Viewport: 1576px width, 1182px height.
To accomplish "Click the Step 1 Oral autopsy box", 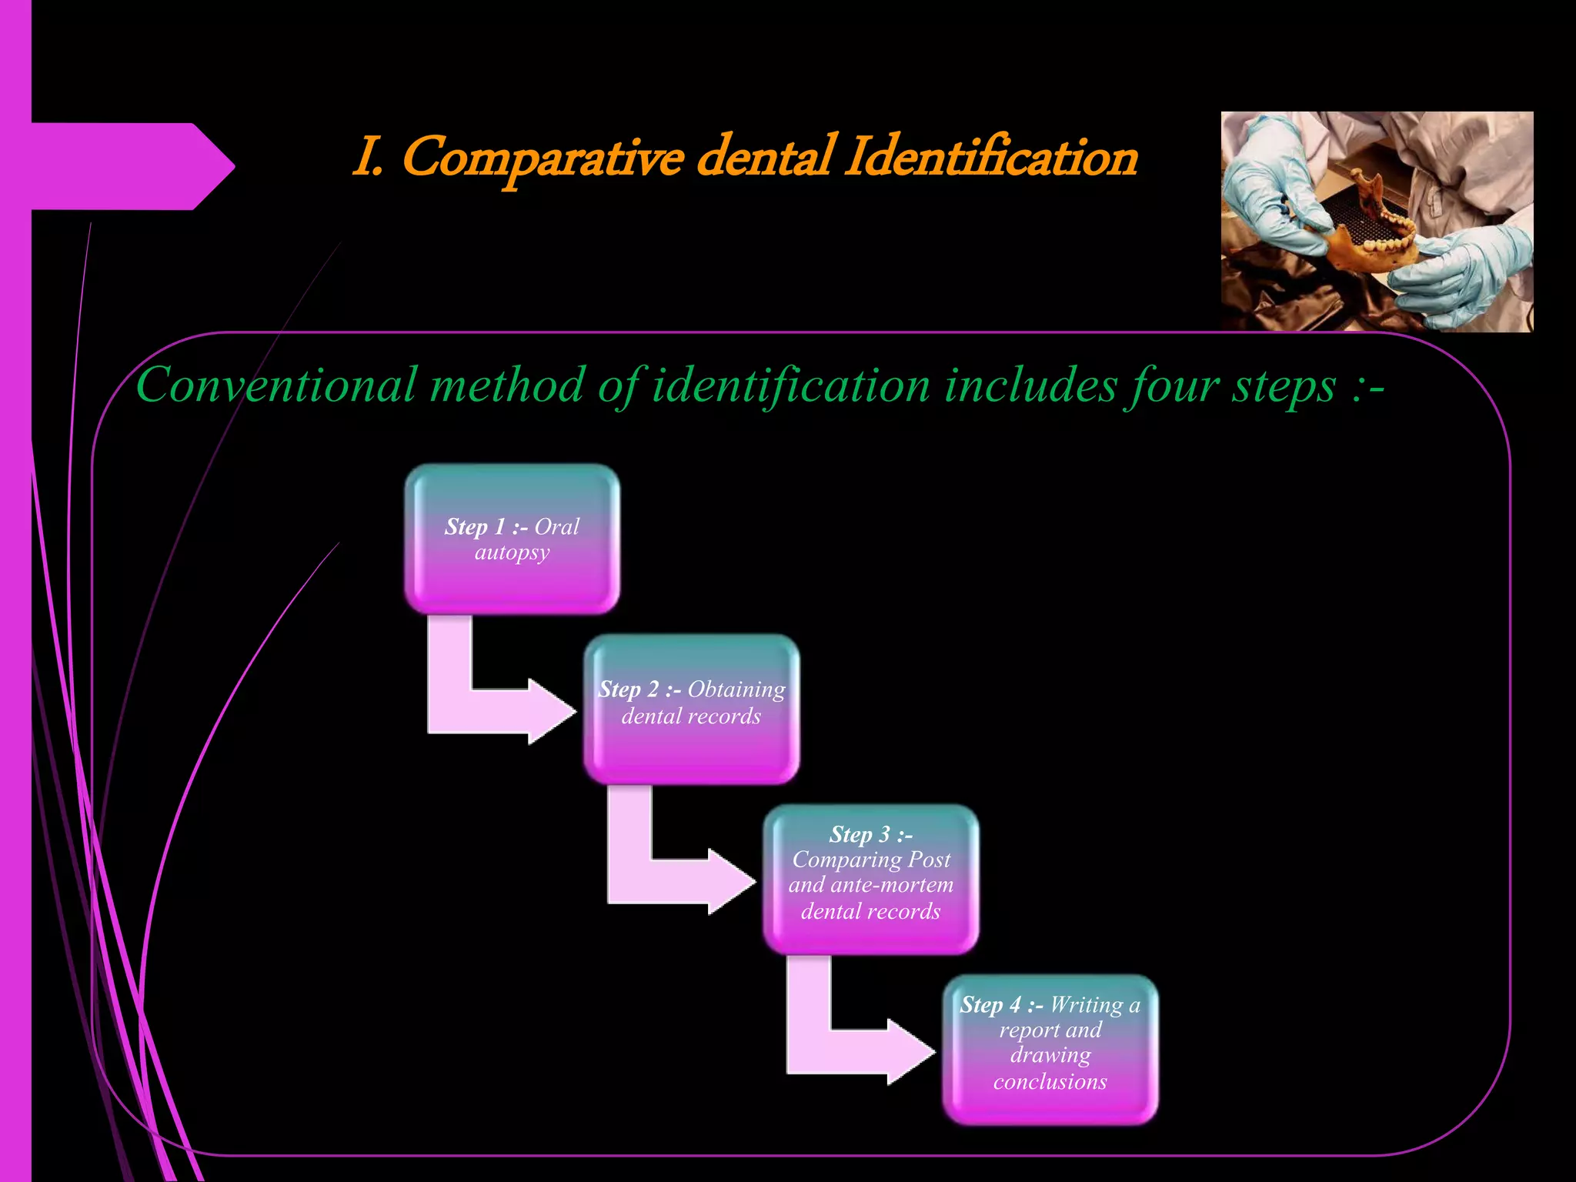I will click(512, 539).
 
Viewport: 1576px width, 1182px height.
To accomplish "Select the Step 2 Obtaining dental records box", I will click(691, 709).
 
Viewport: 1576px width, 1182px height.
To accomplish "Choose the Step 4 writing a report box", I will click(1050, 1049).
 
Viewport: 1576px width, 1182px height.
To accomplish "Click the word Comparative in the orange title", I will click(542, 158).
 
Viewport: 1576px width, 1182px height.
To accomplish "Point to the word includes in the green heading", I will click(1031, 385).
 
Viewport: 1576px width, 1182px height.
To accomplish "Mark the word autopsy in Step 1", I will click(512, 553).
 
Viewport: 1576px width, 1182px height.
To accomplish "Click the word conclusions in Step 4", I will click(1050, 1081).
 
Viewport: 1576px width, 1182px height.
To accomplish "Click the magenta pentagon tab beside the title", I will click(123, 166).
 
